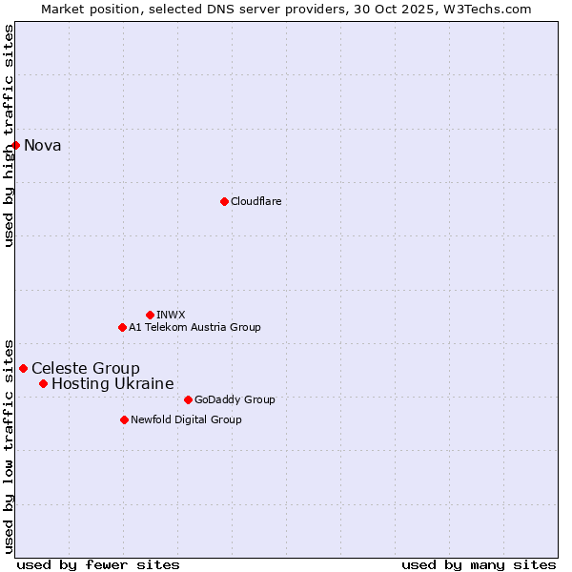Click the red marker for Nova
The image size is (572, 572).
click(x=16, y=145)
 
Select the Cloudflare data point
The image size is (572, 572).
click(x=224, y=201)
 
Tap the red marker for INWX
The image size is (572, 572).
click(x=150, y=315)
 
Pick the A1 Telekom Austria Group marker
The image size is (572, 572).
click(x=122, y=327)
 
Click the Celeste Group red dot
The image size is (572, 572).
click(x=24, y=368)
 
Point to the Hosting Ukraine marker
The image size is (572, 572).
click(x=43, y=383)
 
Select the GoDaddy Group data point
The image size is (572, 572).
click(x=188, y=399)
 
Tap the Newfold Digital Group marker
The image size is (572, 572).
click(x=124, y=419)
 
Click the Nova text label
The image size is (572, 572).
click(x=43, y=145)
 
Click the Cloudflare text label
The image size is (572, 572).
click(x=256, y=201)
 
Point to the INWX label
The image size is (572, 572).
click(x=171, y=315)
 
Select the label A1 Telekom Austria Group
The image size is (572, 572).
click(x=194, y=327)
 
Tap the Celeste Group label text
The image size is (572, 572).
click(x=86, y=368)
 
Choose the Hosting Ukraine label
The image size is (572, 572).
click(x=112, y=383)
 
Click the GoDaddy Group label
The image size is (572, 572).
click(x=235, y=399)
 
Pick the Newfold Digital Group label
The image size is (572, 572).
click(x=186, y=419)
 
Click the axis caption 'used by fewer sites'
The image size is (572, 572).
click(x=98, y=564)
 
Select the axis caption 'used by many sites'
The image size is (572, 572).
click(x=479, y=564)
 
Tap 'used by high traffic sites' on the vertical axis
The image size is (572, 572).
click(x=9, y=135)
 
